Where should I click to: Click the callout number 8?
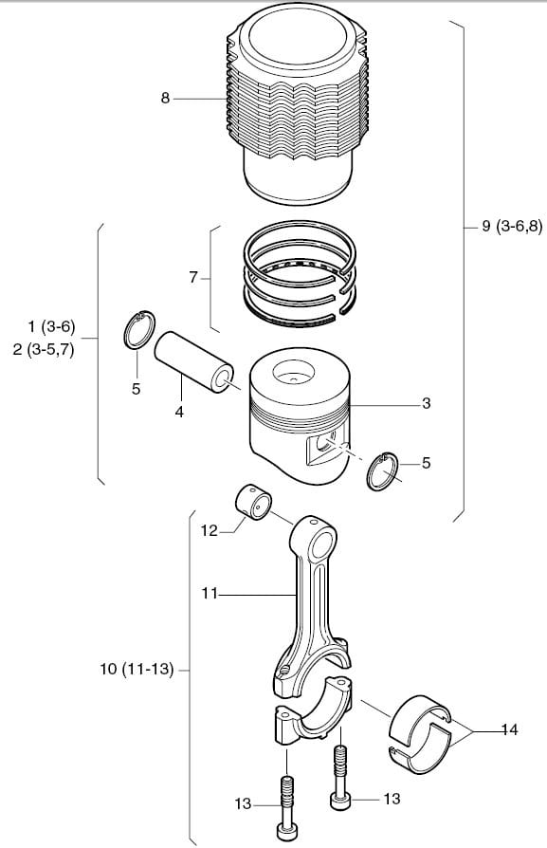[165, 99]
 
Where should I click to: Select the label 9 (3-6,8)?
[512, 226]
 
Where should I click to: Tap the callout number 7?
[193, 277]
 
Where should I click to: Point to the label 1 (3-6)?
[51, 326]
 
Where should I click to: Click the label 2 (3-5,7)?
[44, 350]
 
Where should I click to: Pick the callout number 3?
[427, 403]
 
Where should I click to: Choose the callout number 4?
[179, 412]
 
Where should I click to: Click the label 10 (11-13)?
[137, 670]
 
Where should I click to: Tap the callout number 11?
[210, 594]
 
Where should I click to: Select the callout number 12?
[210, 531]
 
